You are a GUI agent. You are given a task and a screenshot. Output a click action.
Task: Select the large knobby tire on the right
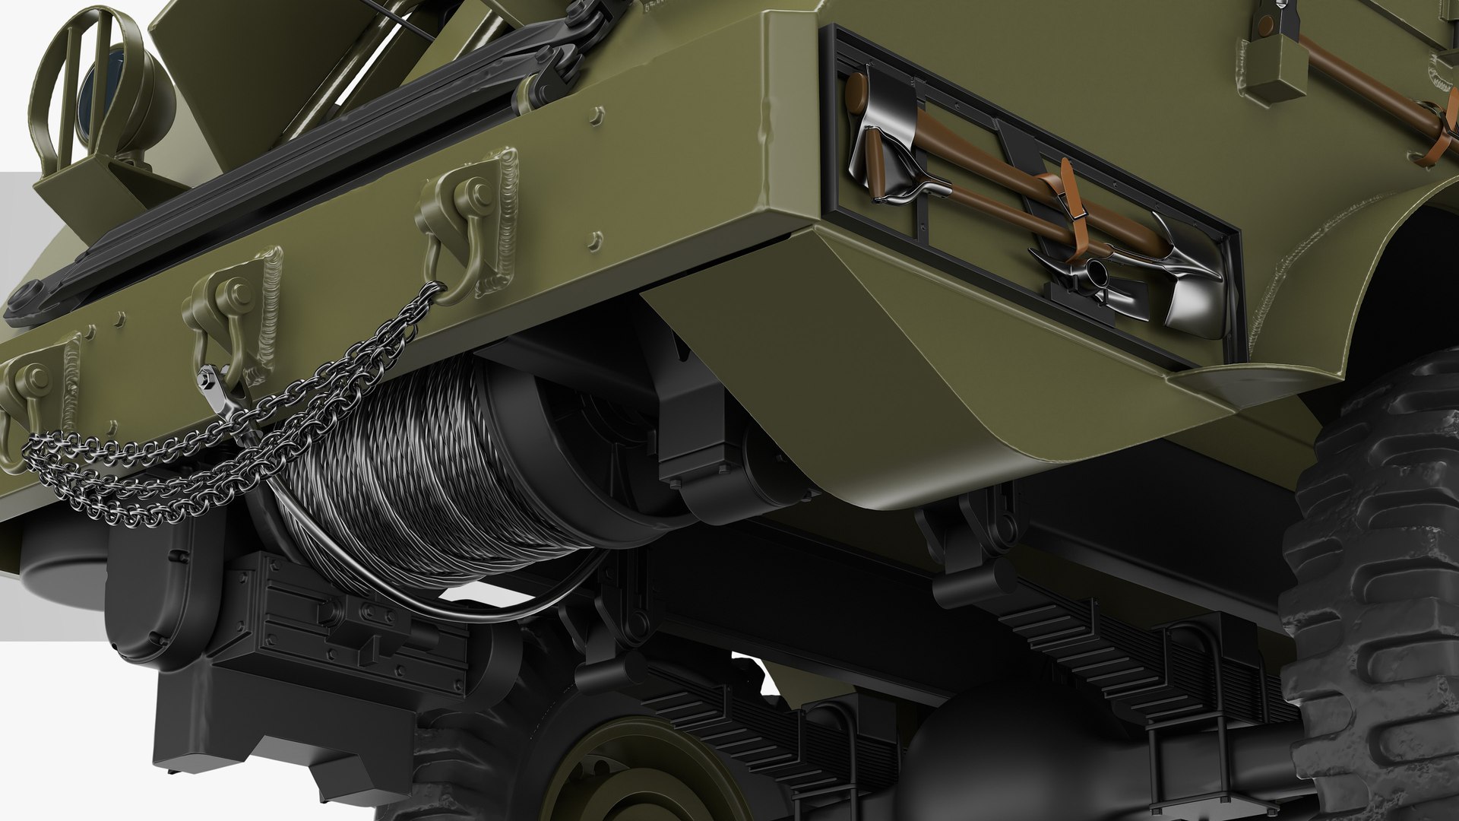[x=1375, y=593]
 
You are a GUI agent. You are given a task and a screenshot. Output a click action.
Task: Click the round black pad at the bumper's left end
[x=27, y=296]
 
